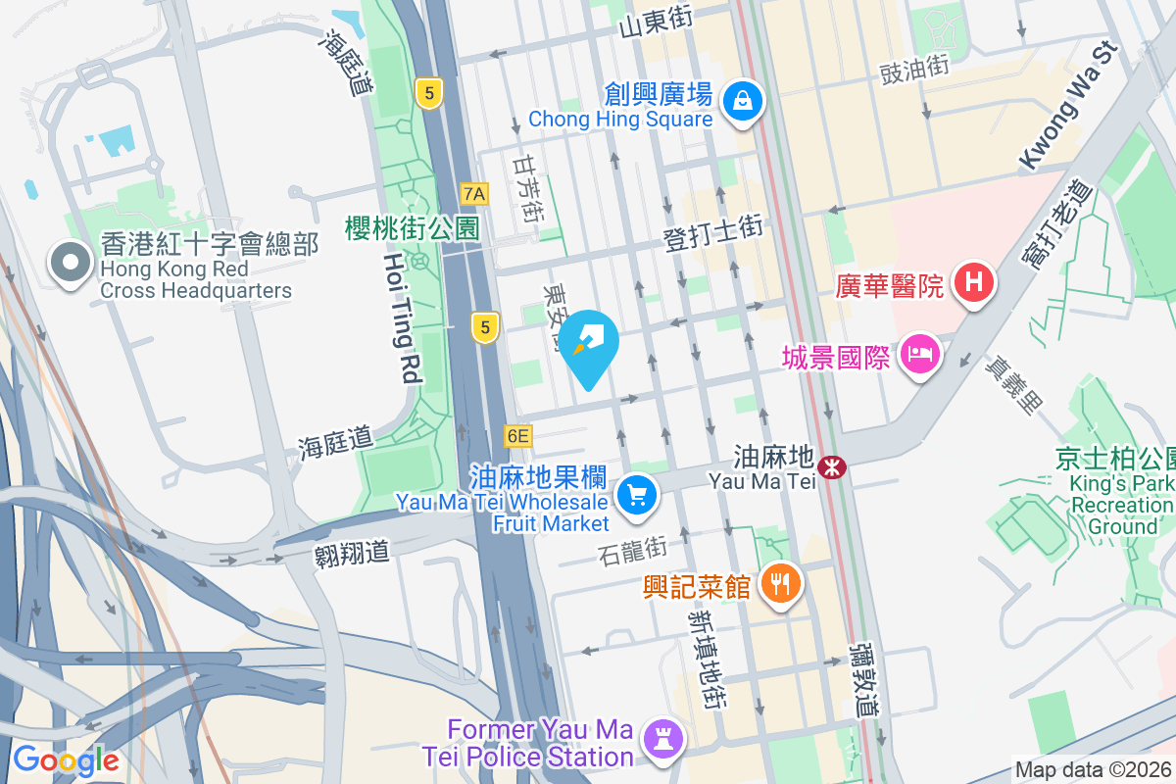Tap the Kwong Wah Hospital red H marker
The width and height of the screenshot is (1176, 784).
(x=973, y=284)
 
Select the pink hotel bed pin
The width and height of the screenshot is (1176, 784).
(x=920, y=353)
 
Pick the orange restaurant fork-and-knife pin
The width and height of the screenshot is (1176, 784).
(x=780, y=585)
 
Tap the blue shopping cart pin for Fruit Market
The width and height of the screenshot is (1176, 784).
(x=638, y=495)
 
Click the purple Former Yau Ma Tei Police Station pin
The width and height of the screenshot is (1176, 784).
(x=662, y=740)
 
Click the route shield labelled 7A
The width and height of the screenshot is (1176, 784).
(x=474, y=193)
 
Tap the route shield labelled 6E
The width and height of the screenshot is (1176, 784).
(x=517, y=435)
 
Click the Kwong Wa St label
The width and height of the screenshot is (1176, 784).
(x=1068, y=104)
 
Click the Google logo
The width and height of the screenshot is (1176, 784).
(x=66, y=759)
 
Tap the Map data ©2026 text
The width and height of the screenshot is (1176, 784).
(x=1092, y=769)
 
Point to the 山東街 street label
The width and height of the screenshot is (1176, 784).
(x=656, y=22)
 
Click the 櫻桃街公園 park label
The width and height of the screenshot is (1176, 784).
(x=412, y=228)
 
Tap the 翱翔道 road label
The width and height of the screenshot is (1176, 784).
(x=353, y=552)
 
